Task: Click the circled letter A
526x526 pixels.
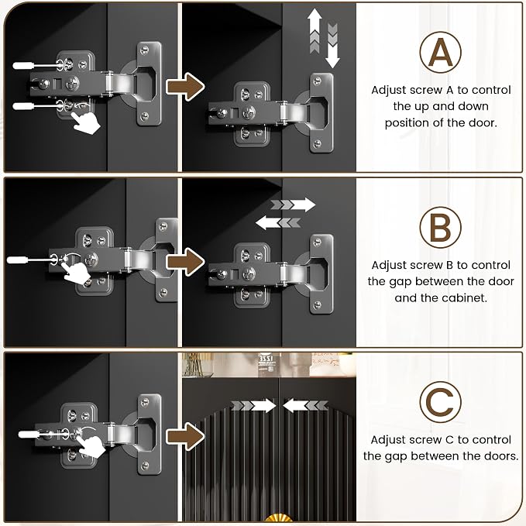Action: pos(440,52)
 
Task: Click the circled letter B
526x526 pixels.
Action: pos(440,228)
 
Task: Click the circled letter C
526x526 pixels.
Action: pos(440,401)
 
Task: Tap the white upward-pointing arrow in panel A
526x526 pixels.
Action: pos(315,31)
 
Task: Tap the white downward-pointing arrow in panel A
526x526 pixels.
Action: pos(332,45)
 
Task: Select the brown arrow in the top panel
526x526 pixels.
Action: pos(185,87)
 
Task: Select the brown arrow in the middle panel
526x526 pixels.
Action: pos(185,262)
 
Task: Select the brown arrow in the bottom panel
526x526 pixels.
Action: pos(185,436)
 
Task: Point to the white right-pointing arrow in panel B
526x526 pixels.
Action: pos(293,205)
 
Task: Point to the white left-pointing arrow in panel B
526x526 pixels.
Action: pos(278,223)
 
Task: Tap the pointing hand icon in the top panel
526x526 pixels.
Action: pos(86,123)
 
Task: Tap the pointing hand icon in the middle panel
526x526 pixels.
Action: pos(77,273)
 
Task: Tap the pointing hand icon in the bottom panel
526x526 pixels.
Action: pos(91,445)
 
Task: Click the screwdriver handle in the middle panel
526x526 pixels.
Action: pos(18,260)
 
